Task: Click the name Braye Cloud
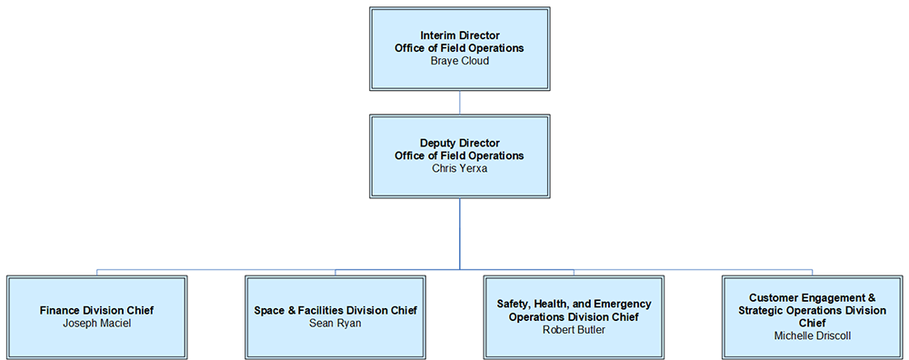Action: click(459, 61)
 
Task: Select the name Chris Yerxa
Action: click(459, 168)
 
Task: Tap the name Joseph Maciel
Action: click(96, 323)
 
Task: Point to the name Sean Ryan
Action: click(335, 323)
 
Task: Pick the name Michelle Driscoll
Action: click(812, 335)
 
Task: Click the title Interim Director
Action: click(459, 35)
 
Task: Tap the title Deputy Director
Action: click(459, 143)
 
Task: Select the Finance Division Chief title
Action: click(96, 310)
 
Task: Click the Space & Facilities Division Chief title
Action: click(335, 310)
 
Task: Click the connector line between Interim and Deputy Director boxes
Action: click(459, 102)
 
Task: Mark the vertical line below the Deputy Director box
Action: click(459, 234)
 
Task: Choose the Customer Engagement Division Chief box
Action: click(812, 349)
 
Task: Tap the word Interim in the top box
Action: click(440, 35)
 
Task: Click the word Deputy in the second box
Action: click(438, 143)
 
